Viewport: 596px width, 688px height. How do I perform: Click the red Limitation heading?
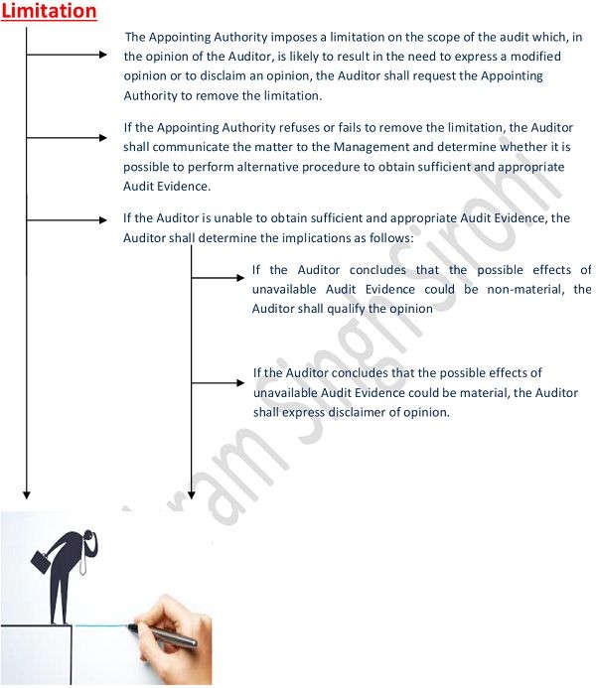49,12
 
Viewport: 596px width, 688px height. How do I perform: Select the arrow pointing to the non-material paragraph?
218,277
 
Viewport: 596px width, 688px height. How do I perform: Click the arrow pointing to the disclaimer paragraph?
218,382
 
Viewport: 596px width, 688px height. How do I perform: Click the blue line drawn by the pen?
99,624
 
